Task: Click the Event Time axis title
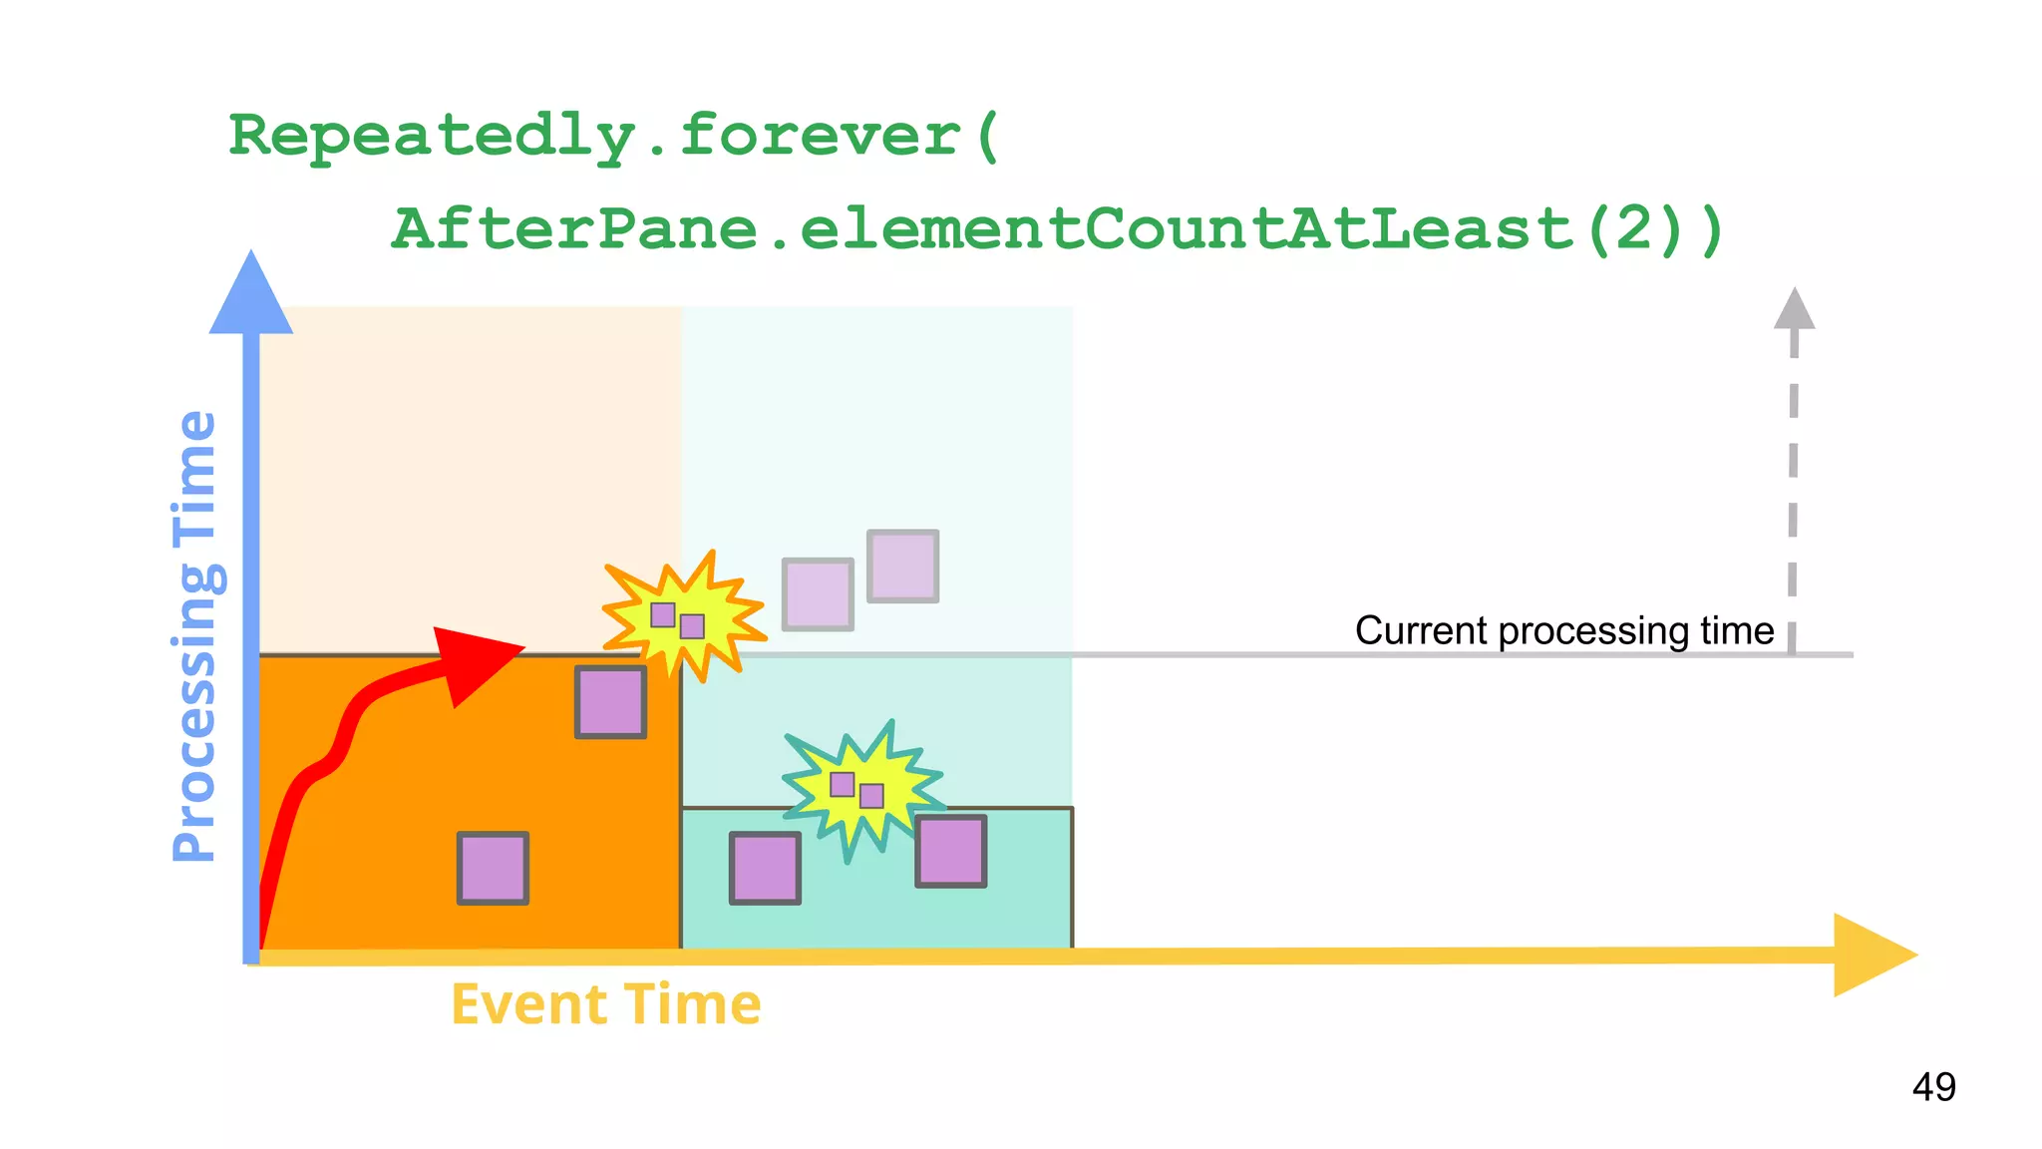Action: pyautogui.click(x=606, y=1003)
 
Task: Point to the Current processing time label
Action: pyautogui.click(x=1563, y=630)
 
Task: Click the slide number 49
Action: pyautogui.click(x=1933, y=1086)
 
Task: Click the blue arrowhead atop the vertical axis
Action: pyautogui.click(x=251, y=294)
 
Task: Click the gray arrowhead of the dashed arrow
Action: pyautogui.click(x=1794, y=309)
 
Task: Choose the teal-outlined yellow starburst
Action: pyautogui.click(x=861, y=789)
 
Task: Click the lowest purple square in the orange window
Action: pyautogui.click(x=493, y=868)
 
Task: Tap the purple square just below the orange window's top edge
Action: pyautogui.click(x=610, y=702)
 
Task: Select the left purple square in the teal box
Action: pyautogui.click(x=765, y=868)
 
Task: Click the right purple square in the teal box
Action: pyautogui.click(x=951, y=851)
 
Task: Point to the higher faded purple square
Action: pyautogui.click(x=902, y=566)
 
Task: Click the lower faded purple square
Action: pyautogui.click(x=818, y=593)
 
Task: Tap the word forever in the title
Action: pyautogui.click(x=820, y=136)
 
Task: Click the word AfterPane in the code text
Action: pyautogui.click(x=574, y=228)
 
